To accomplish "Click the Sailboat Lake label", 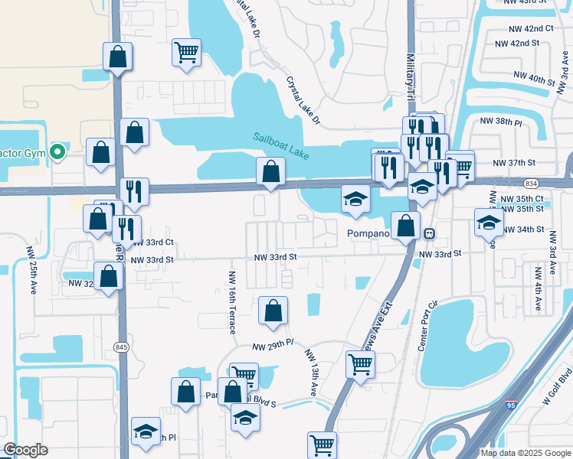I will coord(282,145).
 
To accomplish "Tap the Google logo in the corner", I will coord(25,450).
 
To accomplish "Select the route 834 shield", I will coord(531,184).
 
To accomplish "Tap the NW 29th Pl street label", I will coord(273,347).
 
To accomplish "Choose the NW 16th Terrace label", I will coord(232,302).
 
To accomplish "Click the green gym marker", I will coord(56,152).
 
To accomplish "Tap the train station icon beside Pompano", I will coord(431,233).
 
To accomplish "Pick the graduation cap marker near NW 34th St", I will coord(488,222).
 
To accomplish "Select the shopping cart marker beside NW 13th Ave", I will coord(360,364).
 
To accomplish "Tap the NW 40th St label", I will coord(533,78).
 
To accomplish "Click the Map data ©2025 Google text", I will coord(525,453).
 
